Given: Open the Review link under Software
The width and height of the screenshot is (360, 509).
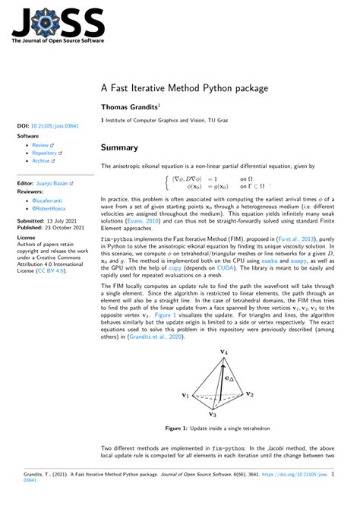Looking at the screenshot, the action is pyautogui.click(x=41, y=144).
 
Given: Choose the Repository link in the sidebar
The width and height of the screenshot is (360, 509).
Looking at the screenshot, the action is pyautogui.click(x=45, y=153).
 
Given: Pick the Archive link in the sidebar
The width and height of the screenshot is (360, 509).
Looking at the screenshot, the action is pyautogui.click(x=42, y=161).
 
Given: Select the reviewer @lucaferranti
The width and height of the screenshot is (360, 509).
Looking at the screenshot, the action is pyautogui.click(x=51, y=199).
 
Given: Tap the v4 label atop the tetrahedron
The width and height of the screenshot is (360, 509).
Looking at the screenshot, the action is pyautogui.click(x=224, y=353).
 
